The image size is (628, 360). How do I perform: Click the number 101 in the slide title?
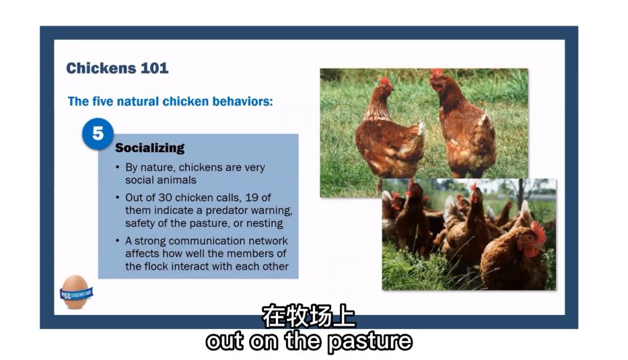point(154,68)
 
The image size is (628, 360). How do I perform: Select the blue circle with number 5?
point(98,134)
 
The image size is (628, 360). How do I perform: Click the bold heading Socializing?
point(150,148)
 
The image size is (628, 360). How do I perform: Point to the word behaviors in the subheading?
point(242,102)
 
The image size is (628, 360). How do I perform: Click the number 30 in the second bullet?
point(165,197)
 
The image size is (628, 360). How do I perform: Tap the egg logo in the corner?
point(75,292)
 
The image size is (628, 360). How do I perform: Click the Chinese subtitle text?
point(309,316)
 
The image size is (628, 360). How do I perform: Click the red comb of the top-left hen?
point(385,81)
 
